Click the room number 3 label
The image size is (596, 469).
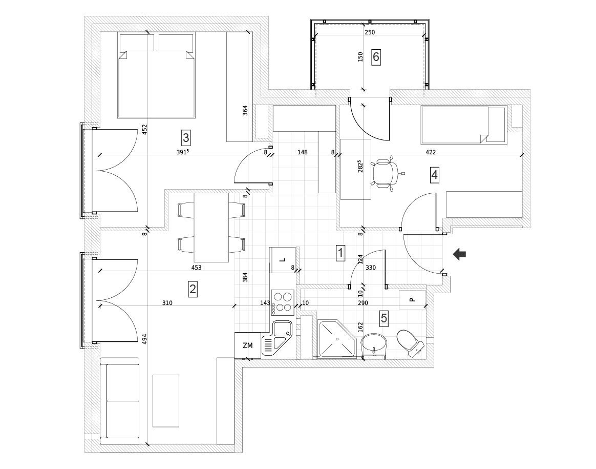(x=186, y=137)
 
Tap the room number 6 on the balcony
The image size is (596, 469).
(x=376, y=57)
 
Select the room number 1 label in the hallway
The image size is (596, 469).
(x=340, y=252)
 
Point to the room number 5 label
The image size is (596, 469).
(x=384, y=318)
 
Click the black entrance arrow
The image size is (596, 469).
(x=459, y=254)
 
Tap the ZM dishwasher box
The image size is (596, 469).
(x=248, y=345)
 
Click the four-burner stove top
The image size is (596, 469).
(x=282, y=301)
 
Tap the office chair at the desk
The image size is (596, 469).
(x=386, y=174)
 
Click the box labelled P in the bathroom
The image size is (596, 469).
(x=412, y=299)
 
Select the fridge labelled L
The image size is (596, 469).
(x=282, y=259)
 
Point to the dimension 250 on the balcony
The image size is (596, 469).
(x=370, y=32)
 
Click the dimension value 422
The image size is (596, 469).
(x=431, y=152)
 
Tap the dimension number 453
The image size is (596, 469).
(x=196, y=267)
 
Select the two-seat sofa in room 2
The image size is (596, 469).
(x=119, y=401)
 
